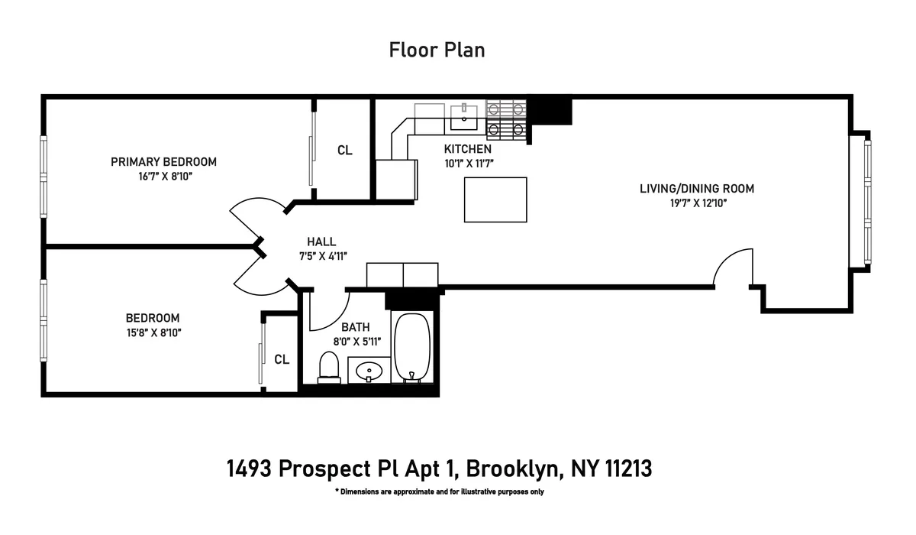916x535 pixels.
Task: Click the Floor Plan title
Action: pos(437,50)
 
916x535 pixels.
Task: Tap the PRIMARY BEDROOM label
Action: pos(163,161)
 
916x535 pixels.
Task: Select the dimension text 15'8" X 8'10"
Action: pos(153,332)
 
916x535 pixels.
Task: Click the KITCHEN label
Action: pos(467,149)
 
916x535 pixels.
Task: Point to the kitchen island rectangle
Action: pos(495,199)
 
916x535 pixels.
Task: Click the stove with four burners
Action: pos(507,120)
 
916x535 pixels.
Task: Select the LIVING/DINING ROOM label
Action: pos(696,189)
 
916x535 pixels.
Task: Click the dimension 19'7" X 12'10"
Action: pos(696,203)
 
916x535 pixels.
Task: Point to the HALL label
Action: pos(321,242)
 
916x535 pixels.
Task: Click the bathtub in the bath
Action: pos(413,346)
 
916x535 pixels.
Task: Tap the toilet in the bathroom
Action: pos(329,366)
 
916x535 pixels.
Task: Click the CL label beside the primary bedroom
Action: pos(345,151)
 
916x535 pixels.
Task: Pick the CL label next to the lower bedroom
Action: pos(282,359)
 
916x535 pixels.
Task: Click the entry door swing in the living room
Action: pos(734,267)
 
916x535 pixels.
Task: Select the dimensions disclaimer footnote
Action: pos(439,491)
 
